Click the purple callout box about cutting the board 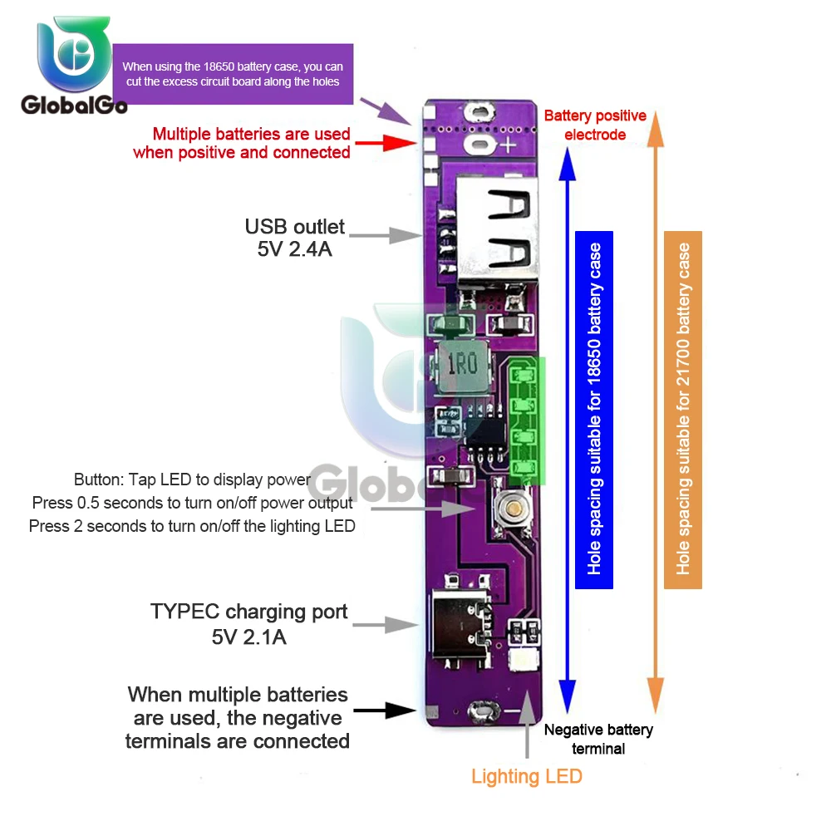click(232, 74)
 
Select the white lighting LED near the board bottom click(524, 661)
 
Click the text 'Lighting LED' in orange click(527, 777)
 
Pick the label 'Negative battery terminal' click(598, 739)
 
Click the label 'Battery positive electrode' click(595, 125)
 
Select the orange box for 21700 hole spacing click(683, 410)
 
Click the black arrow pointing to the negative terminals click(384, 711)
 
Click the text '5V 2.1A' click(249, 637)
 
